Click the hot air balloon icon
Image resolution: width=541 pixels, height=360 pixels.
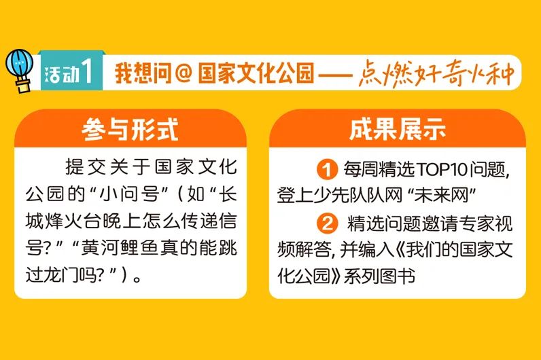[20, 71]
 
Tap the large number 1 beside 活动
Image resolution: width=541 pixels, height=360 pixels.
[87, 71]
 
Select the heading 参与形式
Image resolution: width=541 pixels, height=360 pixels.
[130, 129]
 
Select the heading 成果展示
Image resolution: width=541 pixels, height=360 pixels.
[398, 129]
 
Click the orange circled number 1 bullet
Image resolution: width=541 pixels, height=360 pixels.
[327, 169]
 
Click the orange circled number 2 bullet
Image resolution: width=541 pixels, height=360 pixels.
[327, 223]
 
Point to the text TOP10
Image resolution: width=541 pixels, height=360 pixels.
[442, 169]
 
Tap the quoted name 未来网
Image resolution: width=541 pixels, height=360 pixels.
[441, 196]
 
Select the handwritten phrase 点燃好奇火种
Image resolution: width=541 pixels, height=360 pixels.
[436, 73]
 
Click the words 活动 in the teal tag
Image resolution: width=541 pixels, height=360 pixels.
[62, 74]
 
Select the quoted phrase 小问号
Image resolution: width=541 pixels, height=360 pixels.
[125, 194]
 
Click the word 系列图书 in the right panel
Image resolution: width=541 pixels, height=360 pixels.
[379, 276]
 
